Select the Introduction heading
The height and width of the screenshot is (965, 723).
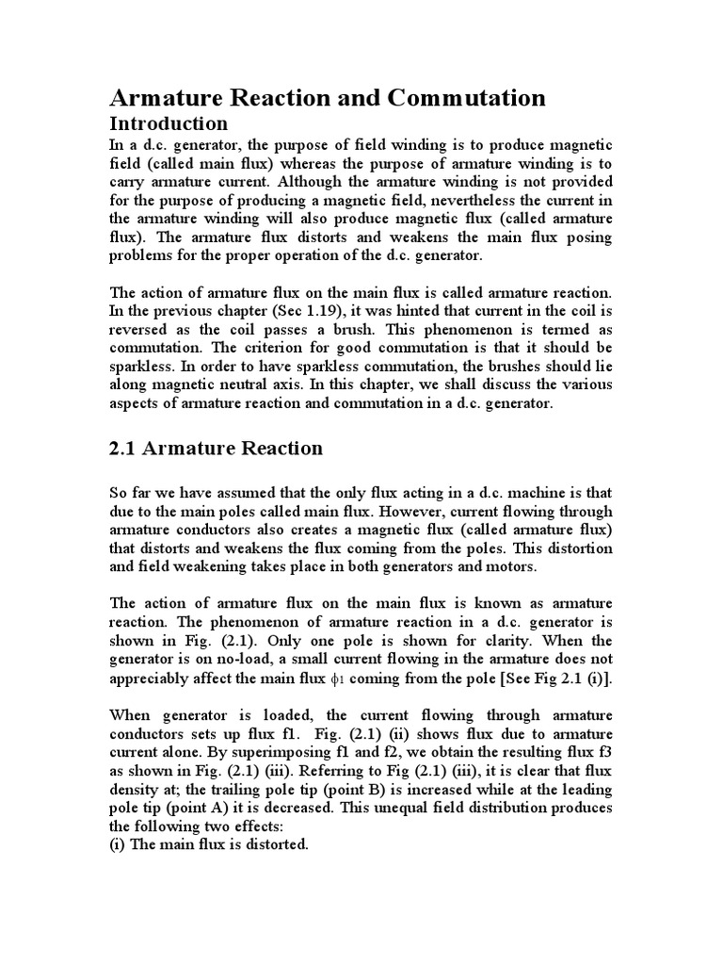tap(169, 123)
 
